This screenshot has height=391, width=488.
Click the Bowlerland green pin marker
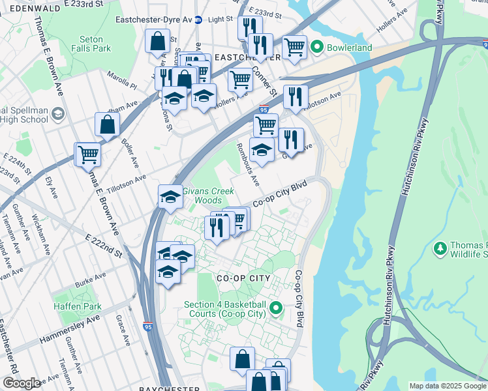click(317, 47)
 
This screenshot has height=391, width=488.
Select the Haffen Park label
click(78, 306)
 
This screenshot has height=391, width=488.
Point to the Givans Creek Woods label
click(202, 195)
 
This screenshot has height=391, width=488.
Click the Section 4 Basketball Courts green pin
click(276, 308)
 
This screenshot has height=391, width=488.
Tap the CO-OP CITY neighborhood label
click(243, 278)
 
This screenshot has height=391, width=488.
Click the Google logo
click(21, 383)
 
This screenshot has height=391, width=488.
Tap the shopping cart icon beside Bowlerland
click(294, 47)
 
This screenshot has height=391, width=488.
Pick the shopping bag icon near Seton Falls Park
click(158, 41)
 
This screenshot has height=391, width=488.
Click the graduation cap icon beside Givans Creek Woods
click(170, 197)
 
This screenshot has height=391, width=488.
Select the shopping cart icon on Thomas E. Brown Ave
click(88, 155)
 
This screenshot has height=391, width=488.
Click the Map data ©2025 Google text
click(447, 386)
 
